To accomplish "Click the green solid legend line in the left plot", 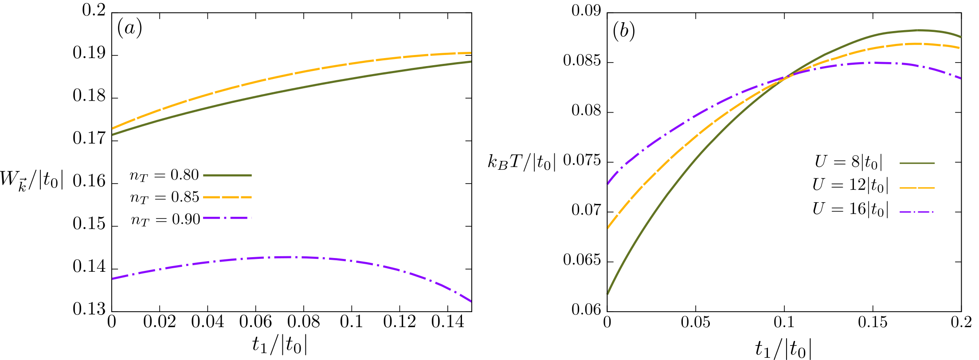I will point(227,176).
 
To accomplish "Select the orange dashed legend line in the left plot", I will point(227,197).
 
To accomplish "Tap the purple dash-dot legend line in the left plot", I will point(227,218).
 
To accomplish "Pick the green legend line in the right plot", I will point(917,163).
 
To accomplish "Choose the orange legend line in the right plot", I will point(917,188).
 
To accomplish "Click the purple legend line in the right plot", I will point(917,212).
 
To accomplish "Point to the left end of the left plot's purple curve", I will point(112,279).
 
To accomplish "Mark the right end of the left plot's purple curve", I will point(471,302).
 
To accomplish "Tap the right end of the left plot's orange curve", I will point(471,53).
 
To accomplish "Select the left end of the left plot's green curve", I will point(112,134).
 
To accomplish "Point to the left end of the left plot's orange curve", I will point(112,129).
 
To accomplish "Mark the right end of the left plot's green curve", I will point(471,62).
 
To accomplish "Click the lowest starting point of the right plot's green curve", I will point(607,293).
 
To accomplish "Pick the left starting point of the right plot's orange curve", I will point(607,228).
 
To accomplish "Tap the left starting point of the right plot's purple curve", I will point(607,184).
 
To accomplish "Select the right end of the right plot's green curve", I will point(960,37).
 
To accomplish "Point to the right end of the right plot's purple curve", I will point(960,78).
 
